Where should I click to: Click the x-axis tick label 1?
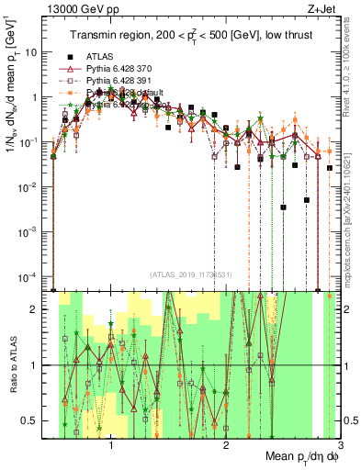tap(111, 444)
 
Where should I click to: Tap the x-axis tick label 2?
tap(226, 444)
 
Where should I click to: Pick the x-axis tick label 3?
tap(340, 444)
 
